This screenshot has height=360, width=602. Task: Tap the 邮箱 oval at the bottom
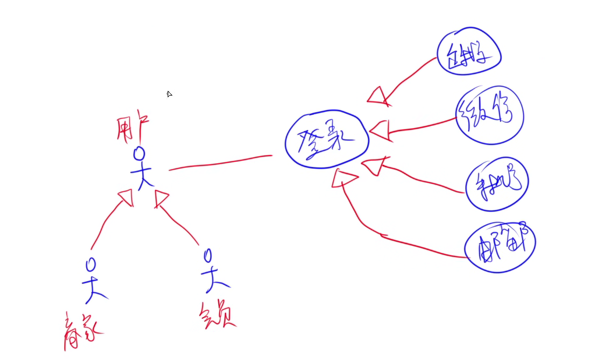click(500, 246)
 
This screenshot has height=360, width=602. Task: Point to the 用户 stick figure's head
click(139, 153)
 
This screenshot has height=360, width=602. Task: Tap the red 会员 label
click(218, 315)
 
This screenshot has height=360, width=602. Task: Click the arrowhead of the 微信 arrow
click(379, 130)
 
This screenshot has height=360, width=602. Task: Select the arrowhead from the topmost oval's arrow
click(378, 96)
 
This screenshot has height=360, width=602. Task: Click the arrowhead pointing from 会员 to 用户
click(161, 199)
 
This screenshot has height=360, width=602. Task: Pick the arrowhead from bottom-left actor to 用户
click(125, 198)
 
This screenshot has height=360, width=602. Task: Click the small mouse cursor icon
click(169, 94)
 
